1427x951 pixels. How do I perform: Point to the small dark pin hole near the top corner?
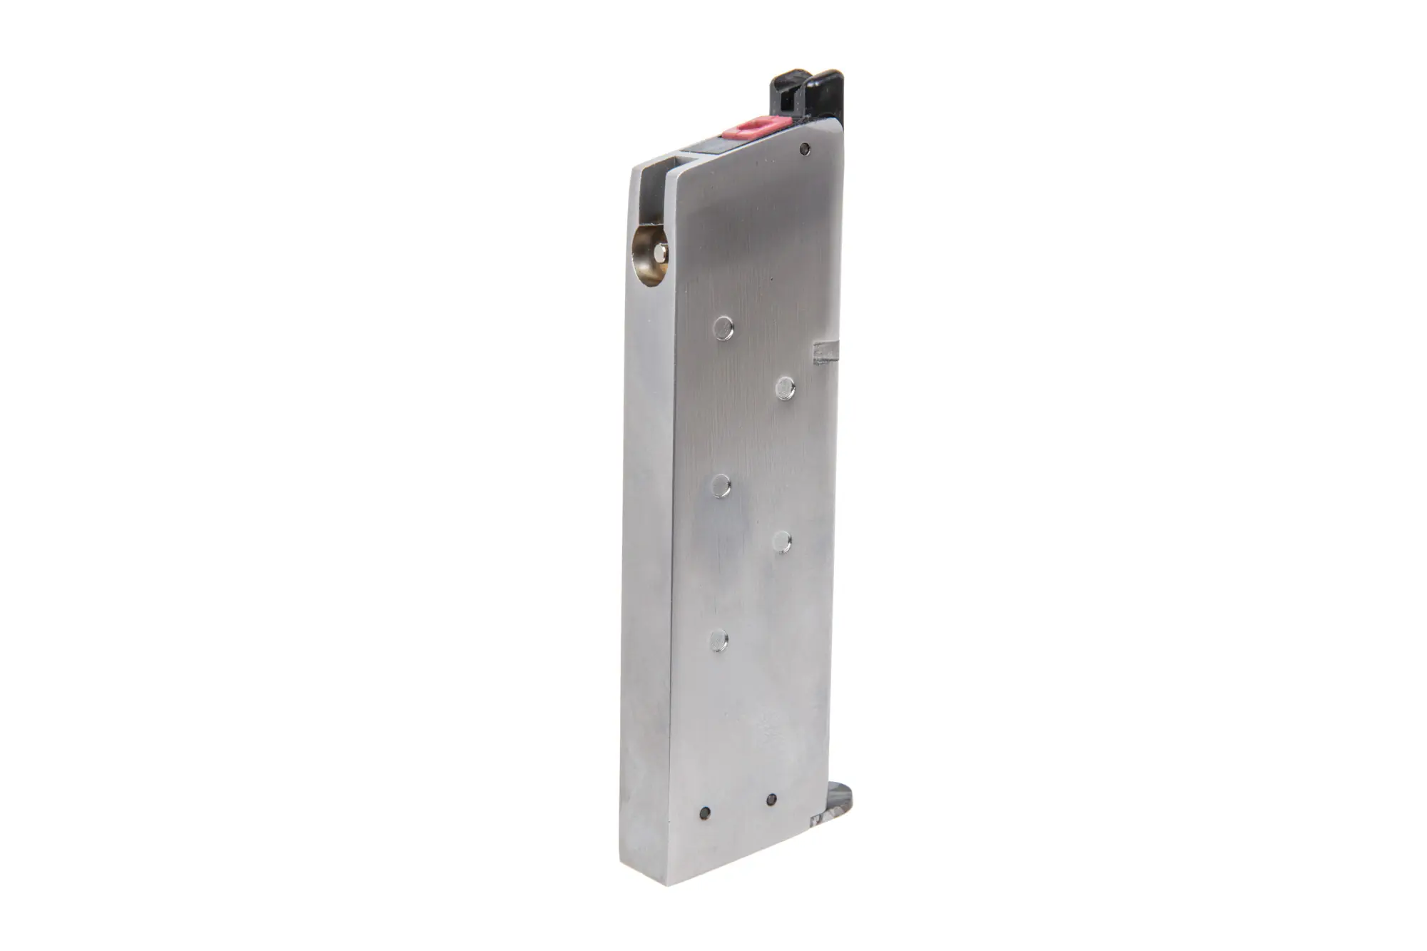click(x=806, y=148)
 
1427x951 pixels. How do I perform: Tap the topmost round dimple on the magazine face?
click(x=723, y=327)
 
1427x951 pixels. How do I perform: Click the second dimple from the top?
click(x=786, y=388)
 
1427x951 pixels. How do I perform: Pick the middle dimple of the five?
click(x=721, y=487)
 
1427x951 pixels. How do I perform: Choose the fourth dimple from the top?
click(x=782, y=542)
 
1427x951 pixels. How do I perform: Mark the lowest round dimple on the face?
click(x=719, y=640)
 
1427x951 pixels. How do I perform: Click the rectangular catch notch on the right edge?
click(x=826, y=352)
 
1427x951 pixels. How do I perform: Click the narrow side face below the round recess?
click(x=646, y=535)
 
